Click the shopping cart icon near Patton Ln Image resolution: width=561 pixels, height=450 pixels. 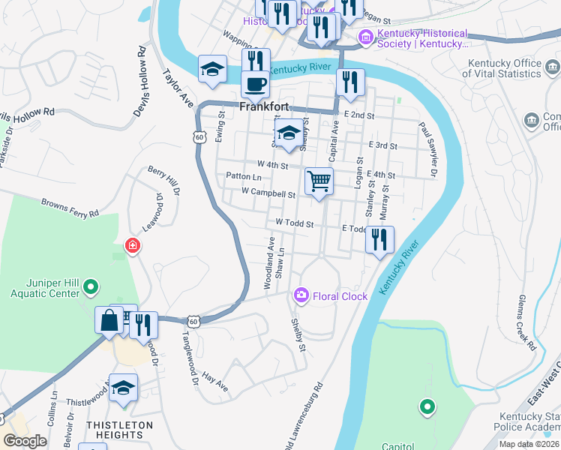click(x=319, y=181)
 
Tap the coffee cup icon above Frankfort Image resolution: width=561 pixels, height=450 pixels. click(x=256, y=84)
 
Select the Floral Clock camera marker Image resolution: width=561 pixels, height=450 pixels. click(x=301, y=295)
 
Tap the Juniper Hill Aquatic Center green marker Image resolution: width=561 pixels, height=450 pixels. click(x=90, y=286)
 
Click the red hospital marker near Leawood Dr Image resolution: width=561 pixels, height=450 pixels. click(x=133, y=245)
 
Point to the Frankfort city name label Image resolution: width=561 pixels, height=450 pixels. click(x=265, y=106)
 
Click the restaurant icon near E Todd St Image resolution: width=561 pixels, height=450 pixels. click(x=379, y=240)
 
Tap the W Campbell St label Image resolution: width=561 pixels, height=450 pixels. click(x=268, y=193)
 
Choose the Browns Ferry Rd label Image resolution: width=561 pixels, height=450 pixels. click(x=70, y=208)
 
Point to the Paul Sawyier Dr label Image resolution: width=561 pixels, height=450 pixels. click(x=427, y=149)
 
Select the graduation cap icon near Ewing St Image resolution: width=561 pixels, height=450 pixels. click(x=213, y=69)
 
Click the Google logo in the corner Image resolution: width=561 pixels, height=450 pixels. click(x=25, y=441)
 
